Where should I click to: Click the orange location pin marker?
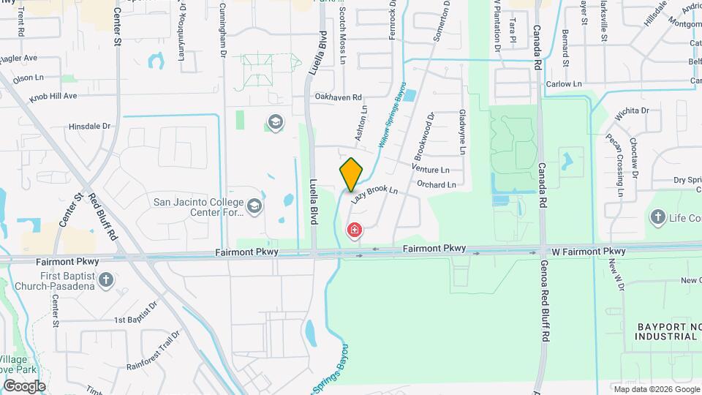click(352, 175)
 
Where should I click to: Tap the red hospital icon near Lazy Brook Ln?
click(355, 231)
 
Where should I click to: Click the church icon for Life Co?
click(657, 217)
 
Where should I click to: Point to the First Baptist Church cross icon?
click(106, 279)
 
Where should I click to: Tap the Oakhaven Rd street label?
click(338, 97)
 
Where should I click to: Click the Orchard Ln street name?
click(437, 185)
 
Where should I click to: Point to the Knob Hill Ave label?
click(53, 96)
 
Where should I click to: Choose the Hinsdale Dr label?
click(89, 126)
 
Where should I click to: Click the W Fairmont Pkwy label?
click(588, 252)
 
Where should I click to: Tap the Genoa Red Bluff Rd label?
click(546, 302)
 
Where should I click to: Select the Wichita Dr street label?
click(632, 111)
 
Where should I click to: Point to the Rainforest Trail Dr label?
click(153, 350)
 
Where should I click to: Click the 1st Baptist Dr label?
click(135, 312)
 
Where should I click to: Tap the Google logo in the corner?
click(23, 385)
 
